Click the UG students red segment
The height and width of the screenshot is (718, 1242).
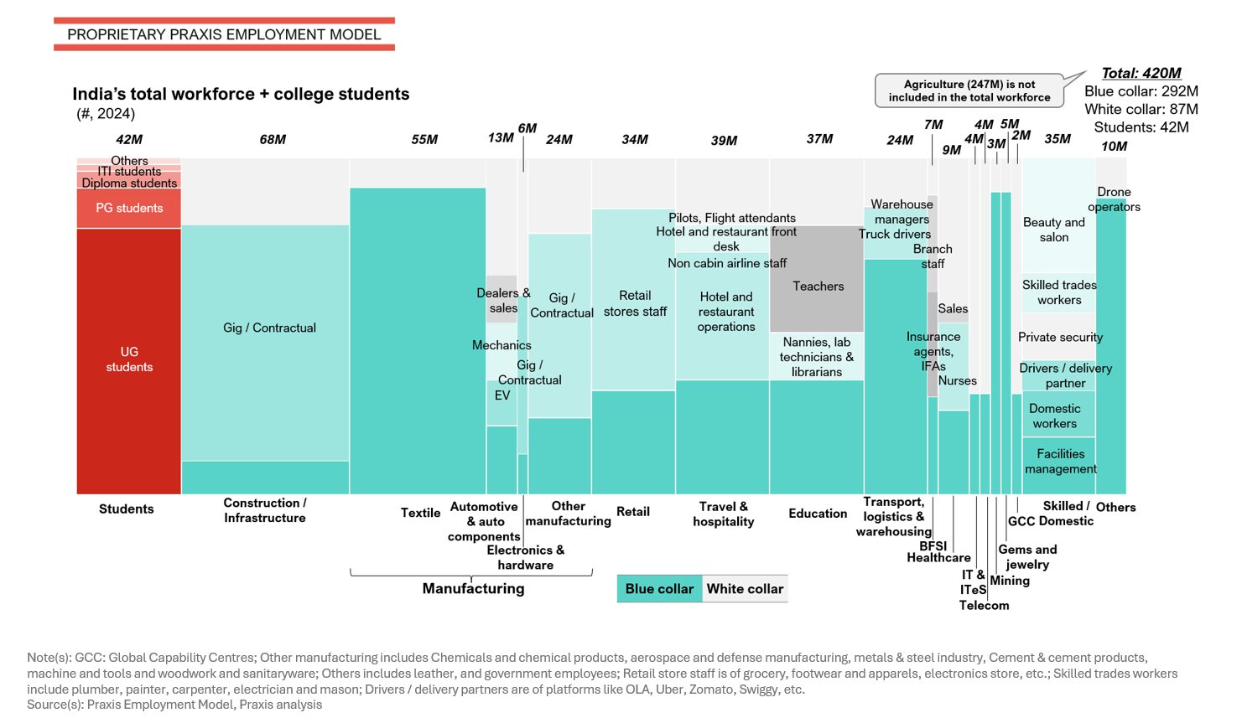[x=129, y=360]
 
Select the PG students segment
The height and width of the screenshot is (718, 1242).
[x=129, y=208]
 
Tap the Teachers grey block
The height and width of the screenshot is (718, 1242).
[x=817, y=286]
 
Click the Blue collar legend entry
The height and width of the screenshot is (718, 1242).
[x=659, y=589]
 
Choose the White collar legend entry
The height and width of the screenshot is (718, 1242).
[x=745, y=589]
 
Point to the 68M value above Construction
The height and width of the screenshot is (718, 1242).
[x=273, y=139]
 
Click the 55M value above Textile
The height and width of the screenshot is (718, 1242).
[x=424, y=139]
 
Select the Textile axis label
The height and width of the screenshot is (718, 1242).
[x=420, y=513]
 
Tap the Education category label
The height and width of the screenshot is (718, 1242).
[x=818, y=514]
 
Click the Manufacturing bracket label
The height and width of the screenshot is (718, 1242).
[x=473, y=588]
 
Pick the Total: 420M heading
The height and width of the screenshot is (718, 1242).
[x=1141, y=73]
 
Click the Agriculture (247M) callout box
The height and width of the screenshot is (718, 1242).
[x=969, y=90]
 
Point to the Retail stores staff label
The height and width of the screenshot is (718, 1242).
[x=635, y=303]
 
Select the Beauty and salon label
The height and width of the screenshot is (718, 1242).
[x=1054, y=230]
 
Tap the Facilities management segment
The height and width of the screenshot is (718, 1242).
[x=1059, y=462]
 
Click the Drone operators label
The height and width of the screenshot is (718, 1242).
[x=1114, y=199]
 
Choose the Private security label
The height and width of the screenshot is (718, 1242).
[x=1060, y=337]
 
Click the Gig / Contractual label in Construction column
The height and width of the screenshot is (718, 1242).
[x=269, y=328]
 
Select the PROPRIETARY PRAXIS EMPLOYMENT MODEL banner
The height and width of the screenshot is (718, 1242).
[x=224, y=34]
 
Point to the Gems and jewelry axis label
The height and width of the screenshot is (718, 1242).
[x=1027, y=556]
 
